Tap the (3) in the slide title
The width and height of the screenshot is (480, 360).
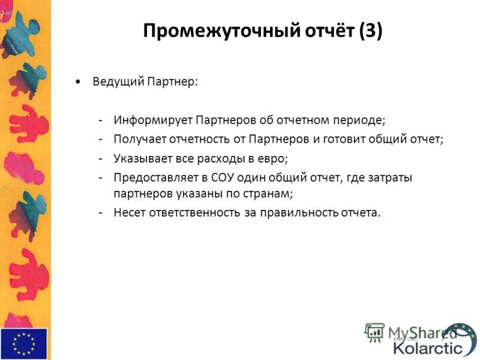coord(370,31)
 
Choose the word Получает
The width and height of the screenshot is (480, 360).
coord(137,139)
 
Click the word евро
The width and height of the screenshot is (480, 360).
coord(274,158)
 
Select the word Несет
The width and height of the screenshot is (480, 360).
coord(128,213)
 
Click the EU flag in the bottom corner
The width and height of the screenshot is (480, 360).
coord(23,343)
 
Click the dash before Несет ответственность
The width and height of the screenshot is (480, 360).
coord(101,213)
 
